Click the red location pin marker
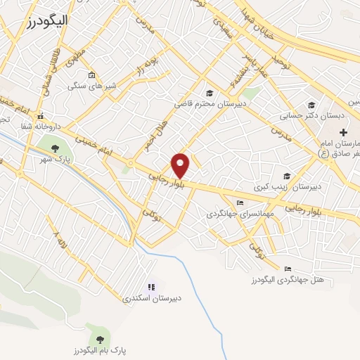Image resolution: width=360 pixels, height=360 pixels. coord(181,165)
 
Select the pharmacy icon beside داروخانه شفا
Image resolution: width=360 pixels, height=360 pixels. coord(41,117)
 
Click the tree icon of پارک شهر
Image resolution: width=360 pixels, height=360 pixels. coord(55,147)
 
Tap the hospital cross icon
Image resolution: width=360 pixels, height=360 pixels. coord(342,132)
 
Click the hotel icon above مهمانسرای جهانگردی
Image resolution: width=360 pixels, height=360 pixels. coord(241,203)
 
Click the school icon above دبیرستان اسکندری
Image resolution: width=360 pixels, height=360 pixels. coord(150,287)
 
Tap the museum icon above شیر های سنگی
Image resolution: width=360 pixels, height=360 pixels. coord(91,75)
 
